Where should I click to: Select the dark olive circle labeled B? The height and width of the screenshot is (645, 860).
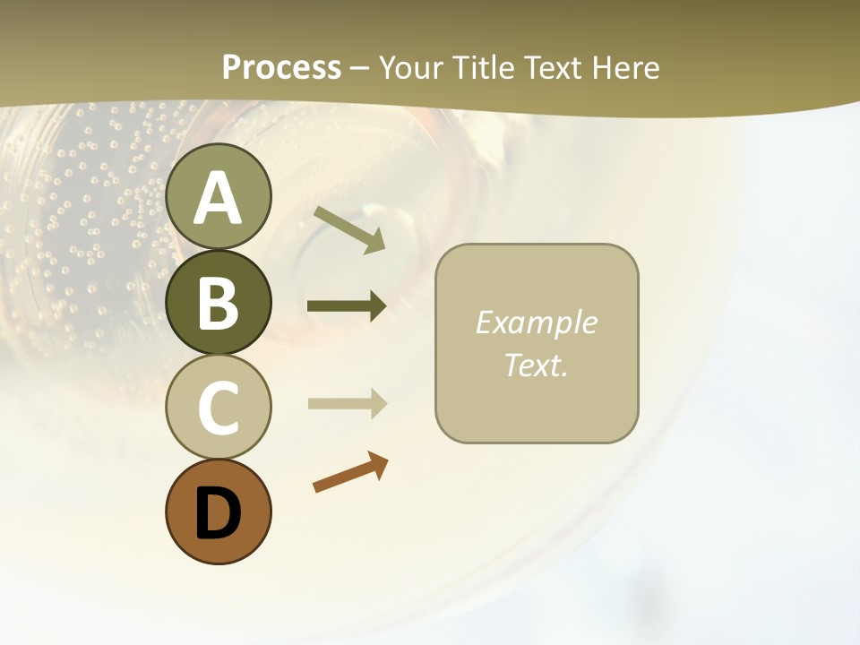[x=219, y=303]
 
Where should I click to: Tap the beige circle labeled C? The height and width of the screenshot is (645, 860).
[x=219, y=408]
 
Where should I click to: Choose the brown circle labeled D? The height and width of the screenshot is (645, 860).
[x=219, y=512]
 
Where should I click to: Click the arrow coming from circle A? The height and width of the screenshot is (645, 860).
[x=349, y=229]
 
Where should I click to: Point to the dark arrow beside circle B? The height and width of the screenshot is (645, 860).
[x=347, y=306]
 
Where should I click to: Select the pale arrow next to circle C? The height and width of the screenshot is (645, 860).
[x=347, y=404]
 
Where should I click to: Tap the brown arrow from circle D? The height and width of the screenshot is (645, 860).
[x=350, y=473]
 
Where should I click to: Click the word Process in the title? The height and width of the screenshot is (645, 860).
[x=281, y=68]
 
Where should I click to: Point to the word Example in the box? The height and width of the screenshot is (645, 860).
[x=537, y=322]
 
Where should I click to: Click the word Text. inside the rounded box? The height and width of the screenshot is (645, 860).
[x=537, y=365]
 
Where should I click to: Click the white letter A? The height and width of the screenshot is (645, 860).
[x=219, y=199]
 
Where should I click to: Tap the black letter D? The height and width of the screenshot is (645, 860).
[x=219, y=514]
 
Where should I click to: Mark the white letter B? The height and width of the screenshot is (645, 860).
[x=219, y=304]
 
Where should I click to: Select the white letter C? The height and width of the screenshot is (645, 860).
[x=219, y=408]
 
